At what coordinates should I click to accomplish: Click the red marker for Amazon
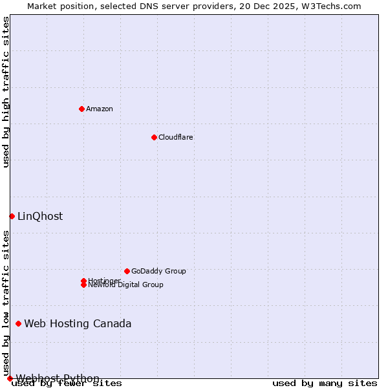coord(81,109)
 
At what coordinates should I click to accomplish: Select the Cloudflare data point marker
coord(154,137)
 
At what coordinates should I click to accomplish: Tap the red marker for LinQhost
coord(12,216)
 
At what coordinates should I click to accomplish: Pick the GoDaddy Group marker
coord(127,271)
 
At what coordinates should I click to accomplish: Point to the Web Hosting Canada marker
coord(18,323)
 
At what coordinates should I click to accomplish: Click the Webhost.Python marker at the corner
coord(10,378)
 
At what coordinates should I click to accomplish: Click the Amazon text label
coord(99,109)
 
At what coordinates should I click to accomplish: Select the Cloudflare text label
coord(175,137)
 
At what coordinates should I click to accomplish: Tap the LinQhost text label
coord(40,216)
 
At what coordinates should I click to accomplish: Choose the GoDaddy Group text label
coord(158,271)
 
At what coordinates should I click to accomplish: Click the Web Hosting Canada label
coord(78,323)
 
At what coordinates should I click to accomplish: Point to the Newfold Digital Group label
coord(125,285)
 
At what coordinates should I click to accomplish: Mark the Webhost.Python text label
coord(58,378)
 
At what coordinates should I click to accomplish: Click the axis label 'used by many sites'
coord(325,383)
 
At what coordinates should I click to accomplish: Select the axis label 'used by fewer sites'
coord(67,383)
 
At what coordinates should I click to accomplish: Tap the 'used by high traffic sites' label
coord(6,92)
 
